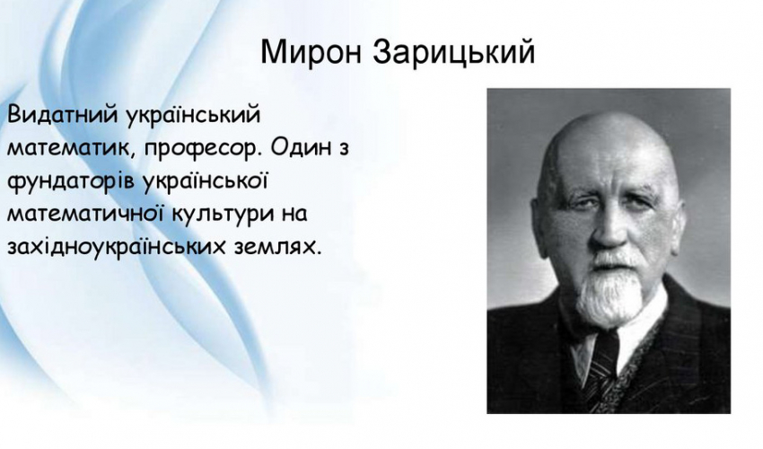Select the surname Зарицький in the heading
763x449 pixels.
[x=454, y=51]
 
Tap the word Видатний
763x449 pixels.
[x=62, y=116]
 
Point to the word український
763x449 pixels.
[x=193, y=117]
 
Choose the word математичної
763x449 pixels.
[x=84, y=215]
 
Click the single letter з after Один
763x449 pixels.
[x=344, y=149]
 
